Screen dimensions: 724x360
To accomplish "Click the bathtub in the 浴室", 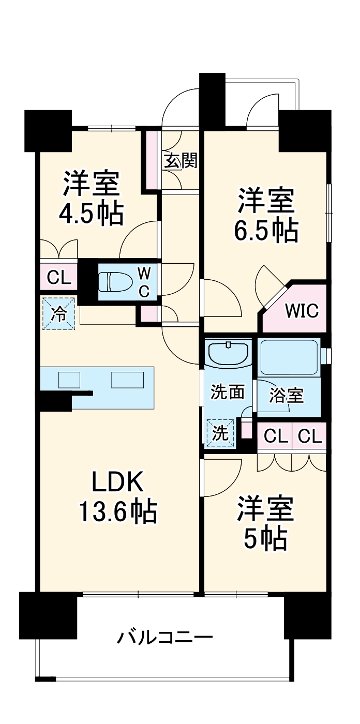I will click(x=289, y=357).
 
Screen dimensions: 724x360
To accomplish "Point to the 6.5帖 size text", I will click(x=266, y=230).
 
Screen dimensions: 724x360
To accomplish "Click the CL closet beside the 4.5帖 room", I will click(x=59, y=278).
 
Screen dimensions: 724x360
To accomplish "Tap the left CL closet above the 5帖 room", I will click(x=275, y=436).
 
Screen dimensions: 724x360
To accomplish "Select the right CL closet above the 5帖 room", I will click(x=310, y=436).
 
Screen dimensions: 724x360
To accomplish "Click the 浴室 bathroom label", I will click(x=287, y=396).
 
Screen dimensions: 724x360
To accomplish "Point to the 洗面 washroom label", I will click(x=228, y=391).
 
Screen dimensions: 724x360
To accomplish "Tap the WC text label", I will click(x=143, y=282).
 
